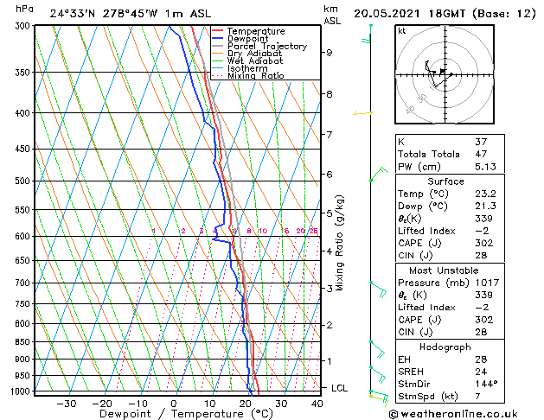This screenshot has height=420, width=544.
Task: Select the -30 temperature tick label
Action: tap(66, 404)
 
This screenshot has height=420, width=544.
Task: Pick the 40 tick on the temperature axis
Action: tap(318, 404)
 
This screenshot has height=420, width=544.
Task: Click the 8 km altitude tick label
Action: tap(330, 93)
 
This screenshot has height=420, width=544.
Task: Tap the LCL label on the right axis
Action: tap(340, 389)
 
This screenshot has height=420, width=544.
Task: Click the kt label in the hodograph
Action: tap(402, 31)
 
